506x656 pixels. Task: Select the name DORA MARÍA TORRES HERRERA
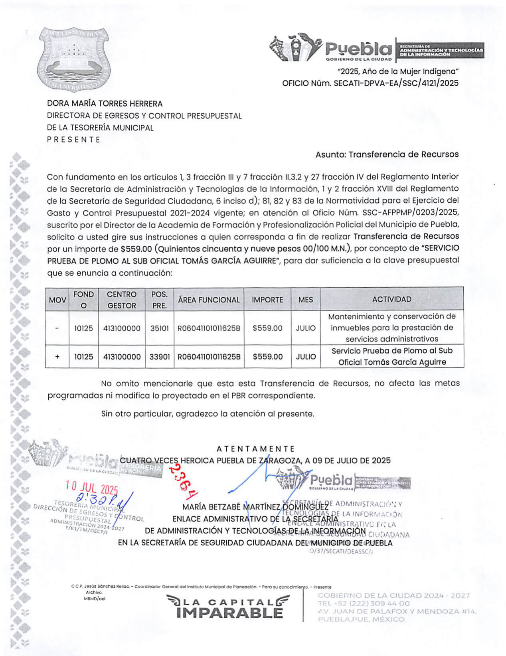(x=105, y=104)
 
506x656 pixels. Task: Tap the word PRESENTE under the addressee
(x=73, y=140)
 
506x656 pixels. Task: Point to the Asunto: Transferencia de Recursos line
(x=387, y=154)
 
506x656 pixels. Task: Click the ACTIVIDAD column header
(x=391, y=299)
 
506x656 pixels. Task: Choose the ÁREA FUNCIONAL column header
(x=209, y=300)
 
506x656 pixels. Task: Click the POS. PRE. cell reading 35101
(x=160, y=328)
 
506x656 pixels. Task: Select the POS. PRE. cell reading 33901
(x=160, y=357)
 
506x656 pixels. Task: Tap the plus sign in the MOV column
(x=57, y=357)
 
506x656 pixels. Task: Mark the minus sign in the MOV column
(x=57, y=328)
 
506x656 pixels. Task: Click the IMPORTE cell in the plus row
(x=267, y=357)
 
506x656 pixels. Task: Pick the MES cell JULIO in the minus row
(x=305, y=328)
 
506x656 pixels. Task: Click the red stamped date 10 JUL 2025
(x=92, y=487)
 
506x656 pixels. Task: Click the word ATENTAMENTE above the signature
(x=255, y=449)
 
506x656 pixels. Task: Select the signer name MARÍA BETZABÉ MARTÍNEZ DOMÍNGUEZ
(x=255, y=507)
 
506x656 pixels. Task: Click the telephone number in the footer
(x=364, y=603)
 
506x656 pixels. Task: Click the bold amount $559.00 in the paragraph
(x=136, y=249)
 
